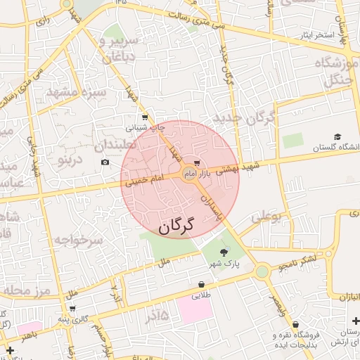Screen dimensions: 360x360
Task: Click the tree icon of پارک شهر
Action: (224, 252)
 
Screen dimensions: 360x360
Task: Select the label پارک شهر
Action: (224, 264)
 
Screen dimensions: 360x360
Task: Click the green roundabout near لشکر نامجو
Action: (262, 271)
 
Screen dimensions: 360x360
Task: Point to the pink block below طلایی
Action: (195, 308)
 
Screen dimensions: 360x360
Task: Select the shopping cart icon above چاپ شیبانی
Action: (144, 117)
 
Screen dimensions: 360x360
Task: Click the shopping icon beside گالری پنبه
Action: (72, 309)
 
